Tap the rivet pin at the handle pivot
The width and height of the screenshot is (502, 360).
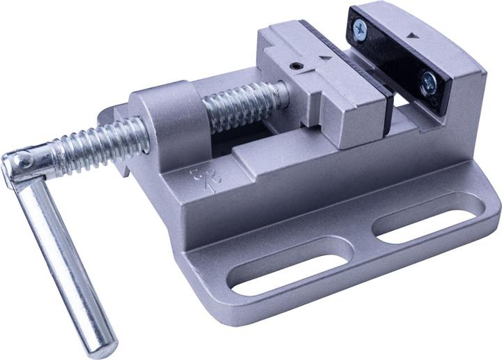(x=23, y=162)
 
